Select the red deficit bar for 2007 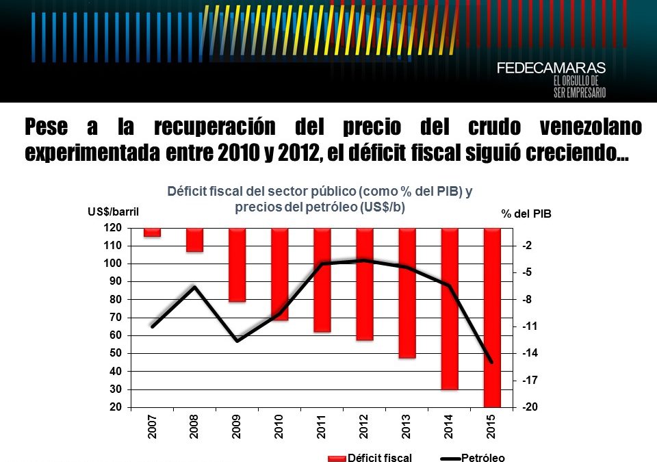(x=152, y=233)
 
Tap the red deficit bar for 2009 (x=237, y=264)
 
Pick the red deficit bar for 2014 (x=450, y=308)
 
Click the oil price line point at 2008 (x=195, y=287)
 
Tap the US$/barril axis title (x=113, y=212)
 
